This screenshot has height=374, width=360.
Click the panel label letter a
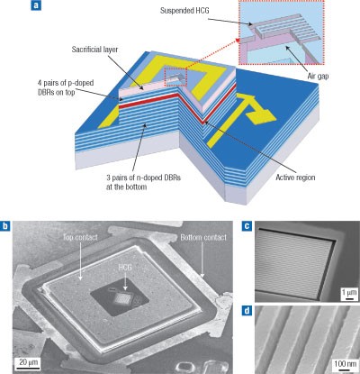pyautogui.click(x=35, y=5)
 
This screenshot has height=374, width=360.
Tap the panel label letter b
pyautogui.click(x=5, y=226)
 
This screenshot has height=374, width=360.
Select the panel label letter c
pyautogui.click(x=247, y=226)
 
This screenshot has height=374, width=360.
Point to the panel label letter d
pyautogui.click(x=247, y=311)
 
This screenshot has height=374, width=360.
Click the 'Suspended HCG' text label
pyautogui.click(x=184, y=11)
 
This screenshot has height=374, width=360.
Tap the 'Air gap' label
pyautogui.click(x=318, y=76)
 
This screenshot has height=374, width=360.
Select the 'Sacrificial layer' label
pyautogui.click(x=94, y=50)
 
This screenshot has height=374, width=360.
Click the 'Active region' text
pyautogui.click(x=295, y=178)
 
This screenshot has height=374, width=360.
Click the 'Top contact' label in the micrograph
pyautogui.click(x=80, y=237)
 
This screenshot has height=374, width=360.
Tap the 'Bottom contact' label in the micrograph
pyautogui.click(x=203, y=237)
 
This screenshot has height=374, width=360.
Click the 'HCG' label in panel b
pyautogui.click(x=125, y=267)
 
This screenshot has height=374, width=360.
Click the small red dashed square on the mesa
pyautogui.click(x=175, y=78)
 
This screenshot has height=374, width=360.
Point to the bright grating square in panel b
pyautogui.click(x=123, y=298)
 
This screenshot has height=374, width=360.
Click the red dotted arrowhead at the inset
pyautogui.click(x=237, y=41)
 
